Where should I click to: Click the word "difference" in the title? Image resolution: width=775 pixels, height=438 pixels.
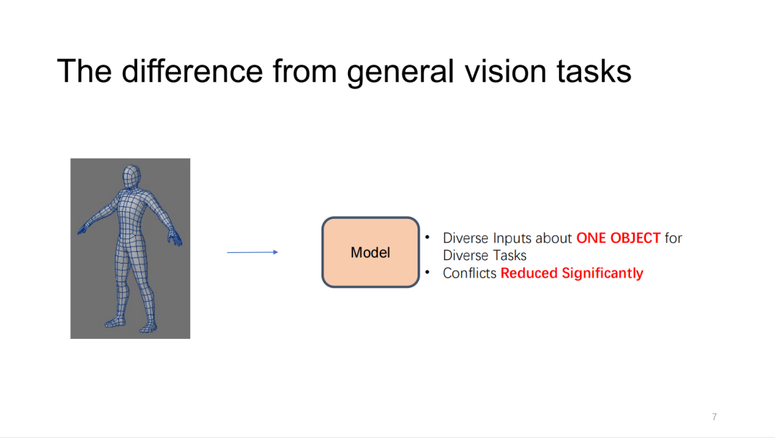tap(192, 71)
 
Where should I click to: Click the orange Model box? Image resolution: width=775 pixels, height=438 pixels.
tap(370, 252)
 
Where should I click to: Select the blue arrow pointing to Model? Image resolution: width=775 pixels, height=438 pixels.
tap(253, 252)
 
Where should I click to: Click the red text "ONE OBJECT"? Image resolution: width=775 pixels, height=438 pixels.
tap(618, 238)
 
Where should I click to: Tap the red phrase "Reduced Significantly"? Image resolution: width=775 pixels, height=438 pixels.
tap(572, 273)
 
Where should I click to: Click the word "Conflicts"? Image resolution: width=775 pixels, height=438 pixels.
tap(469, 273)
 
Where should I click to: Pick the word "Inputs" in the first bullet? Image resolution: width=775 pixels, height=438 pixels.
tap(512, 238)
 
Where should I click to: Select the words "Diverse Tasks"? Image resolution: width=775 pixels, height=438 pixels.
tap(484, 256)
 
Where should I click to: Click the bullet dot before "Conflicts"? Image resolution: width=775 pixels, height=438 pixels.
tap(428, 271)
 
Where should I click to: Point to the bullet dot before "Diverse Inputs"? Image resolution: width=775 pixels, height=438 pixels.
tap(428, 236)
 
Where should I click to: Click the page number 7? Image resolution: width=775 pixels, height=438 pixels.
tap(714, 416)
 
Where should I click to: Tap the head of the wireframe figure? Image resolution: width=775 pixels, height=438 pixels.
tap(130, 177)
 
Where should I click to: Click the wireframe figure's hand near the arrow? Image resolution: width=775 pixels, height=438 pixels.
tap(175, 238)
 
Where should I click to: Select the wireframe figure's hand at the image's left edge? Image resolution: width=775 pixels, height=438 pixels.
tap(82, 230)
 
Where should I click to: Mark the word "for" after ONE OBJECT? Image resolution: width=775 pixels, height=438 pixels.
tap(673, 238)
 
